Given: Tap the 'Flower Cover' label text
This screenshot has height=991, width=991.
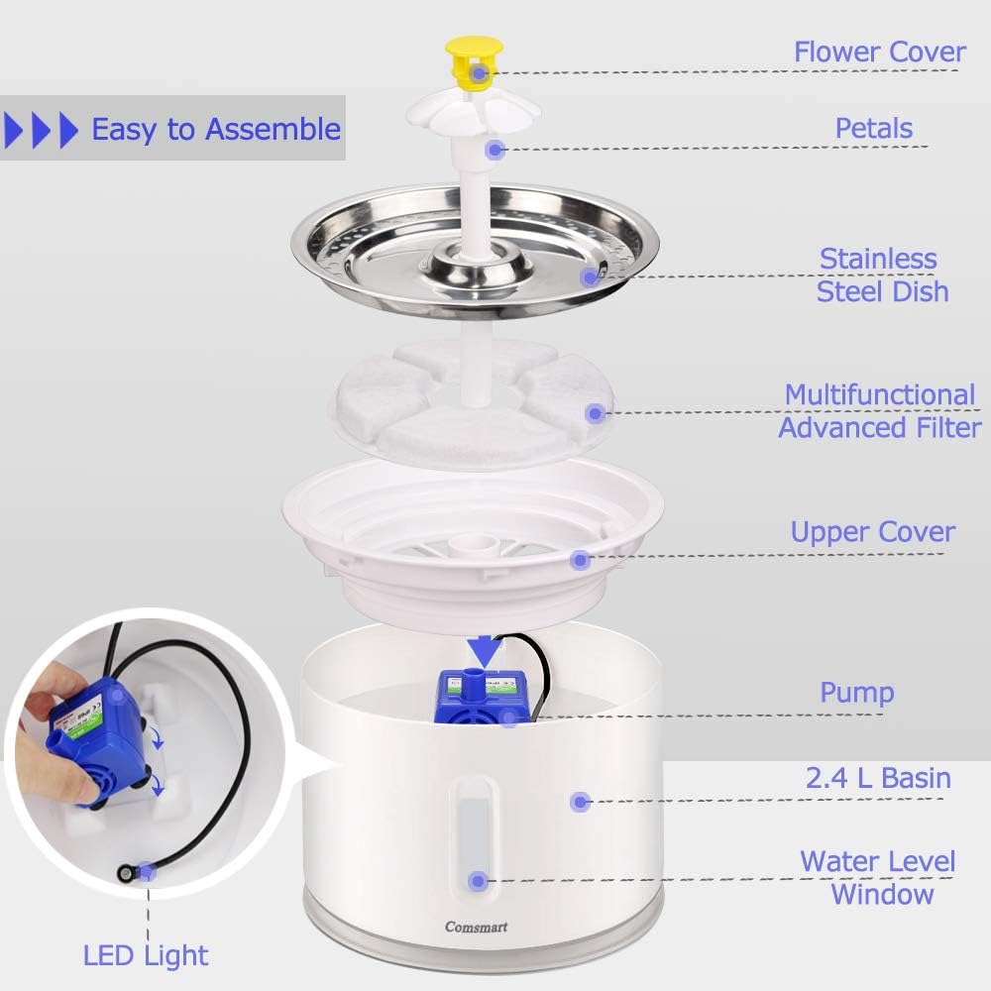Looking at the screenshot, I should tap(879, 52).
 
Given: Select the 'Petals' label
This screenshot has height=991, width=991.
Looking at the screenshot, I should tap(873, 128).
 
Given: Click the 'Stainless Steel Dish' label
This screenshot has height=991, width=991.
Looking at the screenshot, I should tap(882, 275).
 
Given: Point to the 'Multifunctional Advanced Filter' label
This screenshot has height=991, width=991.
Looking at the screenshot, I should tap(879, 410).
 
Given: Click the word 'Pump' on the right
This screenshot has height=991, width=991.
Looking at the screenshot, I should tap(856, 692).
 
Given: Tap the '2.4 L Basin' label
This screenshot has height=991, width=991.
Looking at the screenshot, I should tap(878, 778).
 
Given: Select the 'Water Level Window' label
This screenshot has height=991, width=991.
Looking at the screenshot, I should tap(878, 877).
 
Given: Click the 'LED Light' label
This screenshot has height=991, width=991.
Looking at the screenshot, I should tap(146, 955).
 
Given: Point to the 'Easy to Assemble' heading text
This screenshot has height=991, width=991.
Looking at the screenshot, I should tap(216, 129).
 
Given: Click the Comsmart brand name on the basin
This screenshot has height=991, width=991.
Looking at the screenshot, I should tap(478, 926).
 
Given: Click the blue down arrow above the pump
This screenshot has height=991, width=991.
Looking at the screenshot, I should tap(484, 651).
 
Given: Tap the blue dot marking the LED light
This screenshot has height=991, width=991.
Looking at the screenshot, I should tap(147, 872).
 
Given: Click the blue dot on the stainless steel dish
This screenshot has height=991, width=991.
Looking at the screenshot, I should tap(592, 276).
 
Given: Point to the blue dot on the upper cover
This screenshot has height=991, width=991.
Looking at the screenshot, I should tap(581, 560).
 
